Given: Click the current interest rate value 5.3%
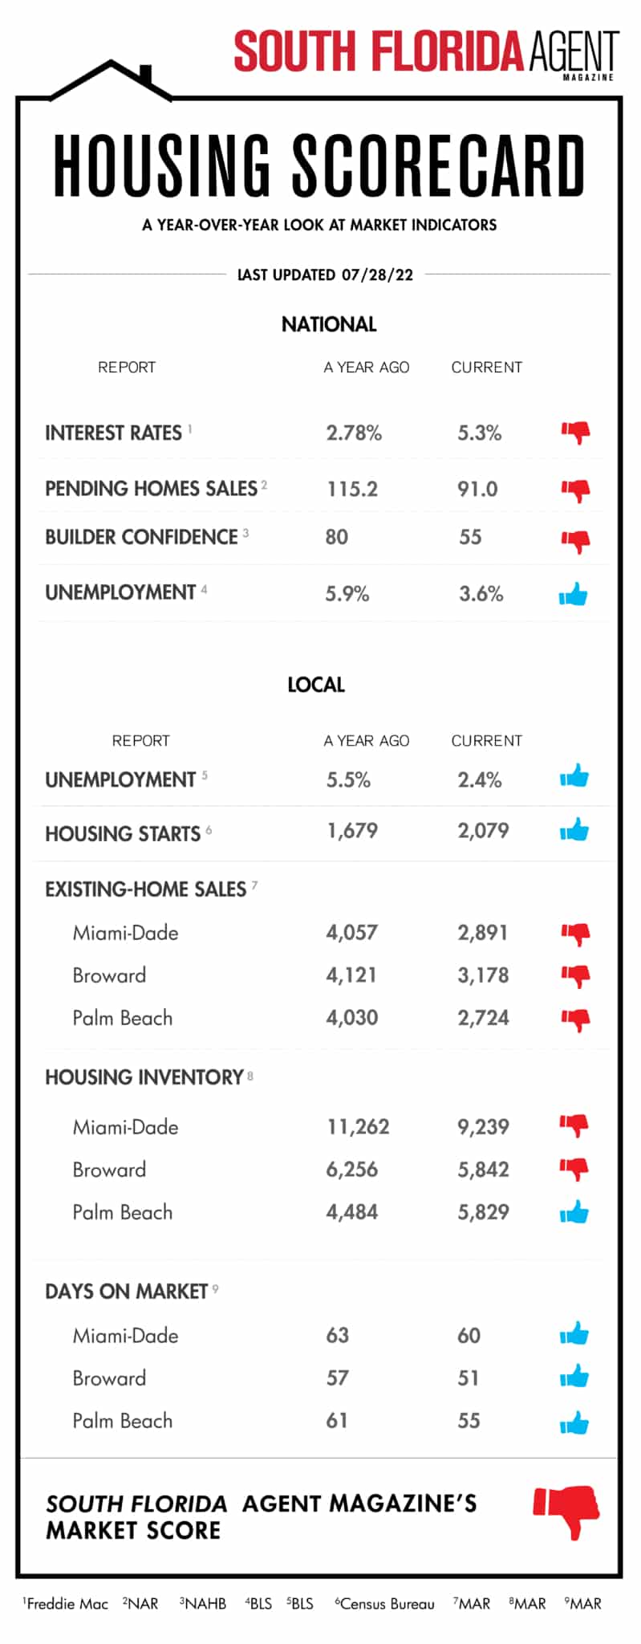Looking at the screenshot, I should [479, 433].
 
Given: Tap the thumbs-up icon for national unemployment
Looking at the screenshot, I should [574, 595].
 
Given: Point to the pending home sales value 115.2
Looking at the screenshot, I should [352, 489].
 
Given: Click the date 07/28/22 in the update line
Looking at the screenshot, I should [377, 275].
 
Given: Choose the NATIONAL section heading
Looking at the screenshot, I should [329, 324].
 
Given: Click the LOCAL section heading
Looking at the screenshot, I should [316, 685].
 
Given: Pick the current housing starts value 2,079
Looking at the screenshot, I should [483, 831].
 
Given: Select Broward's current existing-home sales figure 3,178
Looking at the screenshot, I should [483, 975].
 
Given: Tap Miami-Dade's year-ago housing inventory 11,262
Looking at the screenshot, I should [358, 1127].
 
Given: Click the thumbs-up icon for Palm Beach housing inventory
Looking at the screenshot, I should [574, 1212].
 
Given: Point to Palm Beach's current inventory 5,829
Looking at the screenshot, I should [483, 1212].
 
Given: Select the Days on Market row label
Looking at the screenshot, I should [127, 1292].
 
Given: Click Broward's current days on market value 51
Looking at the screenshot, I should [469, 1378].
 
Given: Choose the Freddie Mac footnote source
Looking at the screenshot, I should [67, 1604].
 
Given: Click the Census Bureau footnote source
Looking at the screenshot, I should [387, 1604].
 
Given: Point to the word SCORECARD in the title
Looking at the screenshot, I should [438, 167].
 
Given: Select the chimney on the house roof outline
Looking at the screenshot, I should [146, 74].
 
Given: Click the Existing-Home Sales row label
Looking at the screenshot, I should [146, 889].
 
